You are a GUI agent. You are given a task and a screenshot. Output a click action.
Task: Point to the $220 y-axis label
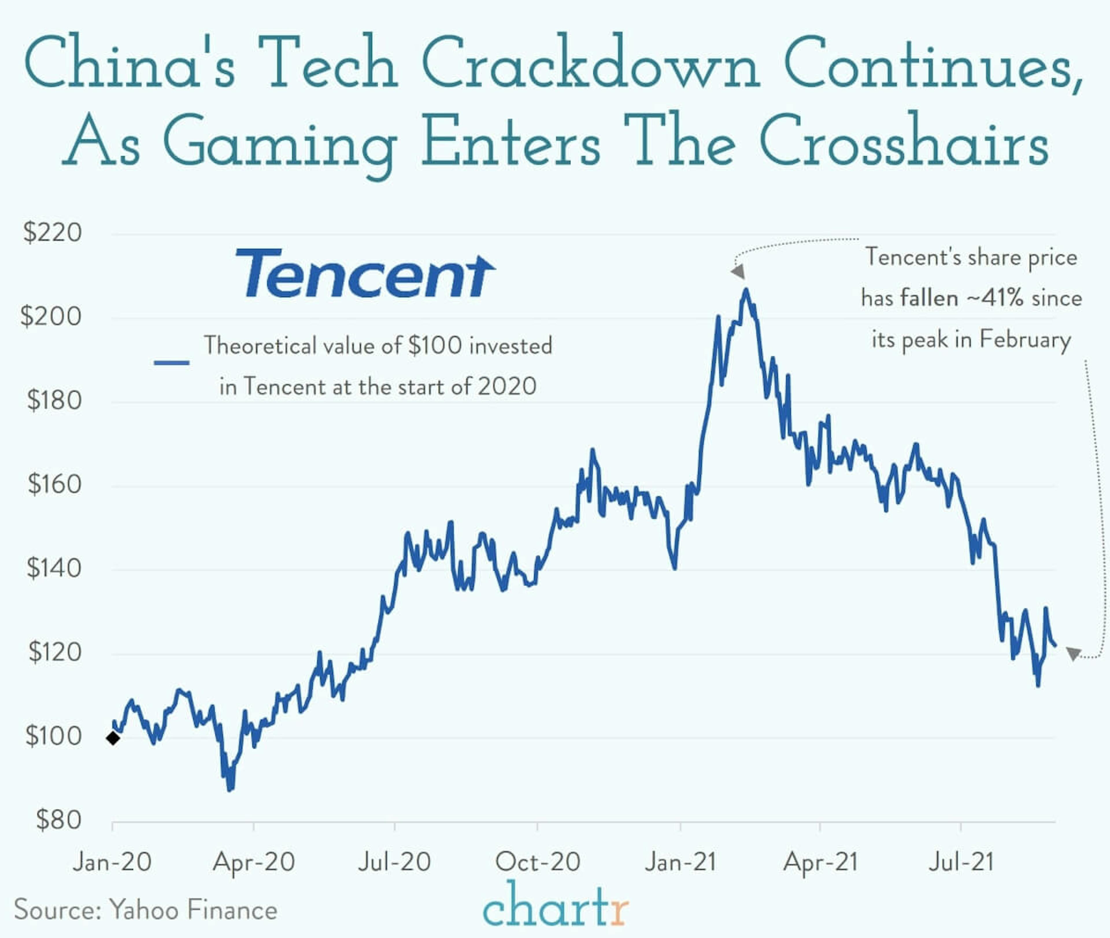pos(52,232)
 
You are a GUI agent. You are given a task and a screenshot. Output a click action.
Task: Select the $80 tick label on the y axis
pos(58,820)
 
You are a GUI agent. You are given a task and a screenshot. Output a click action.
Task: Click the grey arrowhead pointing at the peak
pos(738,272)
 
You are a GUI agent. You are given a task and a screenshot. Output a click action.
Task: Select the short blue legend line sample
pos(171,363)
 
